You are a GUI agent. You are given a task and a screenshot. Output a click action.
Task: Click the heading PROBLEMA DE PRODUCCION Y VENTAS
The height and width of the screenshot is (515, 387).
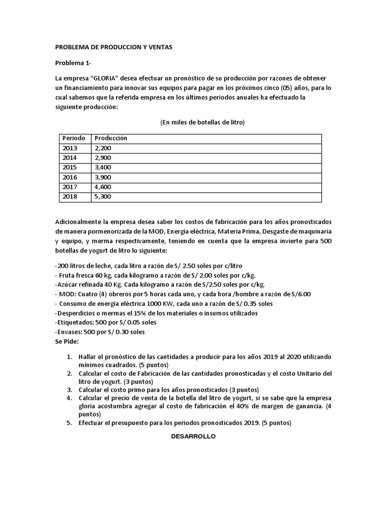tap(113, 47)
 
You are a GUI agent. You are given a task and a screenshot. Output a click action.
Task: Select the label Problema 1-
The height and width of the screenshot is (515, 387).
tap(74, 63)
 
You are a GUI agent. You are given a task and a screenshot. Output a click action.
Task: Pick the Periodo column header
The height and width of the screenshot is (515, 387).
tap(74, 138)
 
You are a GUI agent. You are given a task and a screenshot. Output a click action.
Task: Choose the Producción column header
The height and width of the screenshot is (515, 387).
tap(110, 138)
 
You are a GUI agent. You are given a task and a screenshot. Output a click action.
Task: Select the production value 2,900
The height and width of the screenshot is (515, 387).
tap(103, 157)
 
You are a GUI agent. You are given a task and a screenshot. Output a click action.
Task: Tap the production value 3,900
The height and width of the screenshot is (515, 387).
tap(103, 177)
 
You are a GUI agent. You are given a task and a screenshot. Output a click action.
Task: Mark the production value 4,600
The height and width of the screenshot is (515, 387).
tap(103, 187)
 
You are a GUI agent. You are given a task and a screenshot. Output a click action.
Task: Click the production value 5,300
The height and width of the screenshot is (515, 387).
tap(103, 197)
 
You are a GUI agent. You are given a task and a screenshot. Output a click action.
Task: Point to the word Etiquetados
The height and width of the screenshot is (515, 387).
tap(76, 322)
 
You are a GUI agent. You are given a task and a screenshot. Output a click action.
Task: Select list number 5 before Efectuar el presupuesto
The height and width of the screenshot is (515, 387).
tap(70, 423)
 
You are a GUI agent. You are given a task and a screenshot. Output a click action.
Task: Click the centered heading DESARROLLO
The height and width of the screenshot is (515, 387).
tap(193, 437)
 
